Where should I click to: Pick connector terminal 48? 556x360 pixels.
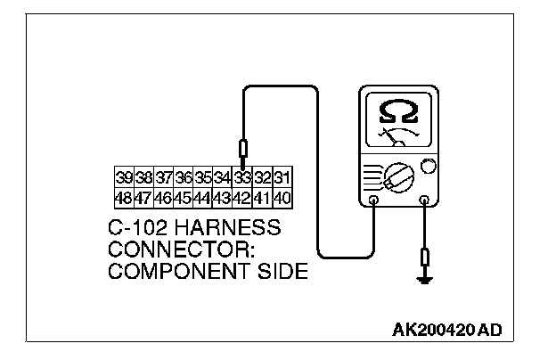(x=124, y=194)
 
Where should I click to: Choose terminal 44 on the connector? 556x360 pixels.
(x=204, y=194)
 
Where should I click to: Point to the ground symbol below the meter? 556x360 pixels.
(x=424, y=281)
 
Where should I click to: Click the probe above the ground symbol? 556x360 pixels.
(x=424, y=259)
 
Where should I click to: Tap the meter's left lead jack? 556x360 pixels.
(x=373, y=202)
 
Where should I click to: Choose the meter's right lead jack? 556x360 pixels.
(x=424, y=202)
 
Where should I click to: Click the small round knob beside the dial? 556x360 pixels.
(x=428, y=167)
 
